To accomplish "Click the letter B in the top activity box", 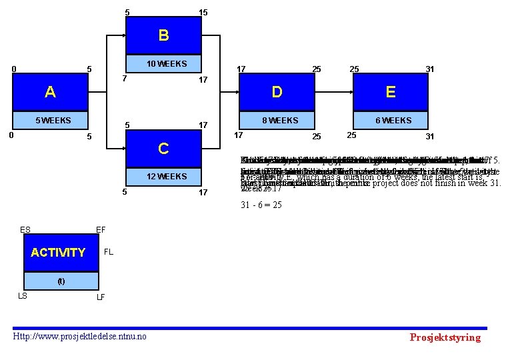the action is (x=163, y=35).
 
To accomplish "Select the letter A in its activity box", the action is (x=50, y=92).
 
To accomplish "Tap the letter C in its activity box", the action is (x=163, y=148).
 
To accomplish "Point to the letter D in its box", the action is (x=277, y=92).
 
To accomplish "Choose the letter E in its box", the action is (x=391, y=92).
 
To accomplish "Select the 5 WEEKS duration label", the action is (x=53, y=121).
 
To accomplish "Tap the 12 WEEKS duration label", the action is (x=163, y=176).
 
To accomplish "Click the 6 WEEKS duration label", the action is (x=393, y=121).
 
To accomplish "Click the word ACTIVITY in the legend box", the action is (x=58, y=253).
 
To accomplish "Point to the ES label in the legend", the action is (x=25, y=230).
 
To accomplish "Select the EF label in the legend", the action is (x=101, y=230).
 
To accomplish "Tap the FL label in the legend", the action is (x=109, y=253).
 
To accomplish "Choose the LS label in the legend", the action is (x=22, y=296).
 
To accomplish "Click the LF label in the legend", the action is (x=101, y=297).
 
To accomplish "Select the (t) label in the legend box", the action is (x=61, y=281).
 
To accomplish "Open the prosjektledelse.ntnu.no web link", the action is (x=80, y=336).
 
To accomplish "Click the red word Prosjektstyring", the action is (x=445, y=337).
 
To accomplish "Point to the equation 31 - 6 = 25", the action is (x=261, y=205).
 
